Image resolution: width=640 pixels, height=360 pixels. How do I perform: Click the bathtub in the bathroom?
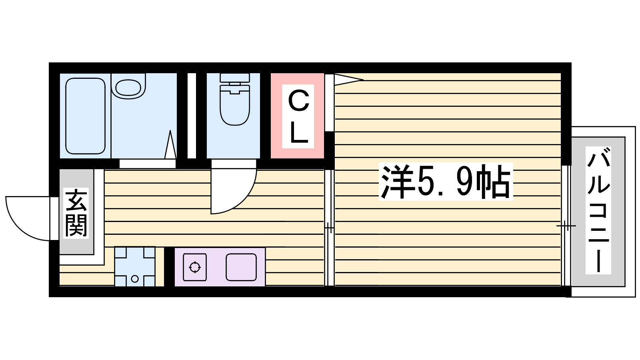point(85,116)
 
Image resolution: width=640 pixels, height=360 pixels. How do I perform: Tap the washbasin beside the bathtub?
point(128,87)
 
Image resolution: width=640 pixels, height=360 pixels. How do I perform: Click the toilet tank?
point(235,78)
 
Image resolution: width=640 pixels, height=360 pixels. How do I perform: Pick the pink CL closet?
point(298,116)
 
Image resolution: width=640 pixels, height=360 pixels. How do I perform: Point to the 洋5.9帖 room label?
point(446,182)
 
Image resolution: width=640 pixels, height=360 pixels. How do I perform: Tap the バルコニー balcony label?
point(598,210)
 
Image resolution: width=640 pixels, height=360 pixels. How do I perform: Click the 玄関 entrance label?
point(76,213)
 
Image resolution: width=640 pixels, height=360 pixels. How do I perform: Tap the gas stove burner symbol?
point(195,267)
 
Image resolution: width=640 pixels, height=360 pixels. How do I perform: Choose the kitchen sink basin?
point(241,267)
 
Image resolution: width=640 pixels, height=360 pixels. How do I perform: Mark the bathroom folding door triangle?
point(170,145)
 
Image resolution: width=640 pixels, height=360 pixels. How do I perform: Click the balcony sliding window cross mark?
point(566,226)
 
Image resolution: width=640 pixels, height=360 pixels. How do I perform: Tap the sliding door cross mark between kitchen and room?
point(329,228)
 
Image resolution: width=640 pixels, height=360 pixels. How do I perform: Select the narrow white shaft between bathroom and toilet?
point(192,116)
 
